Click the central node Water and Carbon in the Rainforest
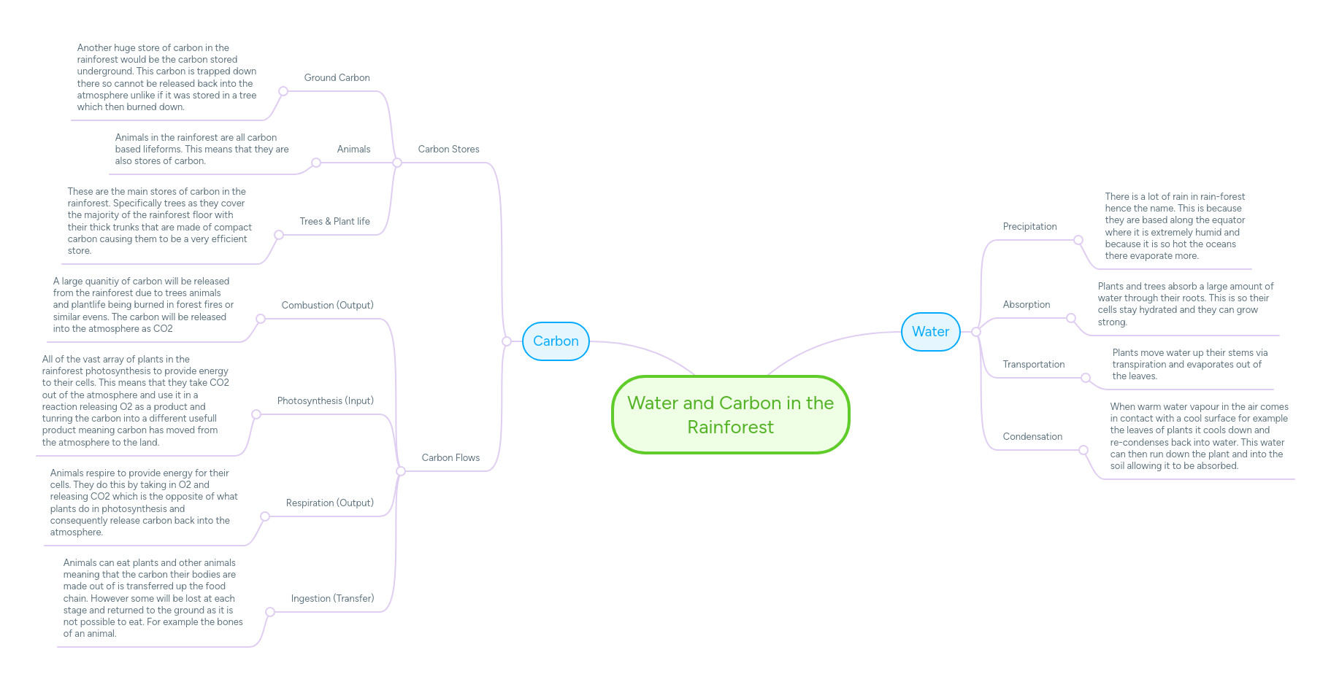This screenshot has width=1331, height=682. (x=730, y=414)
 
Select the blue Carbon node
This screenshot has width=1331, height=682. (x=556, y=341)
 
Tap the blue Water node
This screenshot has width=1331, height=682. (x=930, y=332)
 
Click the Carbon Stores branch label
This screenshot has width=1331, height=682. (x=448, y=149)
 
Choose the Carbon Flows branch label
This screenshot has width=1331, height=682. (x=450, y=457)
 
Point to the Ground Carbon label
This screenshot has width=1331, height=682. (x=337, y=77)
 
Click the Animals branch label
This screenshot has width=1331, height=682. (x=353, y=149)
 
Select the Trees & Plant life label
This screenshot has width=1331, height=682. (x=334, y=221)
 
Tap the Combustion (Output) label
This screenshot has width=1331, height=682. (x=327, y=305)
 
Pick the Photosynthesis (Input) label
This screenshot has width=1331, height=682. (x=325, y=400)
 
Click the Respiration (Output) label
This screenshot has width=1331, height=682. (x=329, y=503)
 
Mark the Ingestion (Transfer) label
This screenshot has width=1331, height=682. (x=332, y=598)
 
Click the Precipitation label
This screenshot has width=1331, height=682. (x=1029, y=226)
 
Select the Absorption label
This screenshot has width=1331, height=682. (x=1026, y=304)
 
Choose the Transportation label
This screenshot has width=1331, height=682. (x=1033, y=364)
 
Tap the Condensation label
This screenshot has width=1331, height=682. (x=1032, y=436)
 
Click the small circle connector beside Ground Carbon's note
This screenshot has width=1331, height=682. (x=283, y=91)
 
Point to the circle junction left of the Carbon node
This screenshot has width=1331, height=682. (x=507, y=341)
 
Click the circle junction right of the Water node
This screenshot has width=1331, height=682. (x=975, y=332)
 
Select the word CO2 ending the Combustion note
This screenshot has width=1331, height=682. (x=163, y=329)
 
